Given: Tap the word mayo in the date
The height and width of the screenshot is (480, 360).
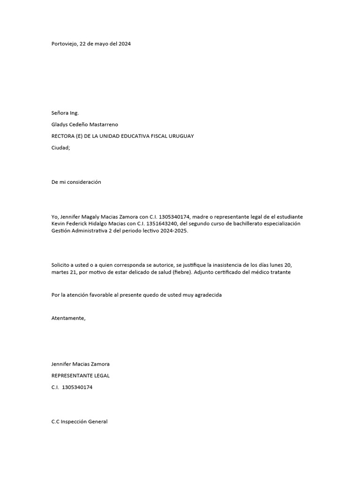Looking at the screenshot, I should pyautogui.click(x=104, y=44).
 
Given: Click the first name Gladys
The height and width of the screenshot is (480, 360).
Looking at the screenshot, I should pyautogui.click(x=60, y=124).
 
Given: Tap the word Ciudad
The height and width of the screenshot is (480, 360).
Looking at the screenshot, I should pyautogui.click(x=60, y=148).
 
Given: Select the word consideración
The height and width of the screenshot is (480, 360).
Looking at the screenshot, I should pyautogui.click(x=84, y=182).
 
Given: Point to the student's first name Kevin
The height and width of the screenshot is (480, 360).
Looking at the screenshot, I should pyautogui.click(x=58, y=224).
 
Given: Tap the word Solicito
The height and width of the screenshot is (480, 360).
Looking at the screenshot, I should pyautogui.click(x=61, y=265).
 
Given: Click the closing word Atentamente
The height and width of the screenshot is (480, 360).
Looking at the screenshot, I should pyautogui.click(x=68, y=318).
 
